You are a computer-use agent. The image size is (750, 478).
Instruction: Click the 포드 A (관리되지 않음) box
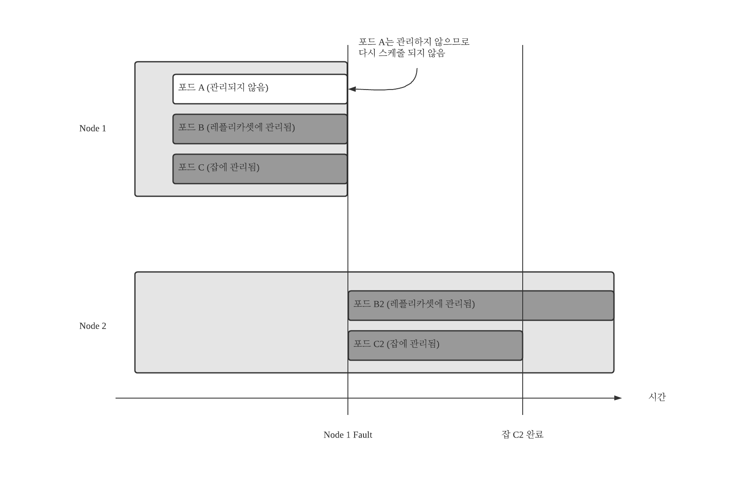coord(260,89)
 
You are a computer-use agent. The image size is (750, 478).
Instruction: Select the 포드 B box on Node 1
coord(260,129)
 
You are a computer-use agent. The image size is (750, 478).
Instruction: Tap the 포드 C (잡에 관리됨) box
coord(260,169)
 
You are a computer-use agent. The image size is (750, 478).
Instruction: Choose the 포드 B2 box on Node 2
coord(481,306)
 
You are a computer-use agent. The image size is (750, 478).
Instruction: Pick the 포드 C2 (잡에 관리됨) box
coord(435,346)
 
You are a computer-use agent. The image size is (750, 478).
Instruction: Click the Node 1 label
coord(92,129)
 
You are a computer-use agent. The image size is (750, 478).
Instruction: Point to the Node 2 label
coord(92,326)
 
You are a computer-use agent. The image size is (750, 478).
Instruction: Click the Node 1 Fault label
coord(347,435)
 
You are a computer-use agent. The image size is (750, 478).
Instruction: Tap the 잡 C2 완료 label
coord(522,435)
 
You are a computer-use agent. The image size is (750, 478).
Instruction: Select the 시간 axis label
coord(657,397)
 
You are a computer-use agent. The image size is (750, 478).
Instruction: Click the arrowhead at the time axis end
coord(618,398)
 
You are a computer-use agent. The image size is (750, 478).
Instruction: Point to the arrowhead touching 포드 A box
coord(352,89)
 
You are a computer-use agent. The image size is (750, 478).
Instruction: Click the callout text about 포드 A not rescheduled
coord(413,48)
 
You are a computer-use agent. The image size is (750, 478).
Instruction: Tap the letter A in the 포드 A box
coord(201,87)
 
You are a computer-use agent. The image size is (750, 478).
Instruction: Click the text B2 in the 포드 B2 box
coord(379,304)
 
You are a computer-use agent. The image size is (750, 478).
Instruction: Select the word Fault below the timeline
coord(363,435)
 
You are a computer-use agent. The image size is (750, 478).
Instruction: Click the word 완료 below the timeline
coord(535,435)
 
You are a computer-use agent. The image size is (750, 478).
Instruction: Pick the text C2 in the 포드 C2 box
coord(379,344)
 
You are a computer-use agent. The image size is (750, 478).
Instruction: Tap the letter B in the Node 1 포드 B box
coord(201,127)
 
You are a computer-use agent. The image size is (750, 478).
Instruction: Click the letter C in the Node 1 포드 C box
coord(201,167)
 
